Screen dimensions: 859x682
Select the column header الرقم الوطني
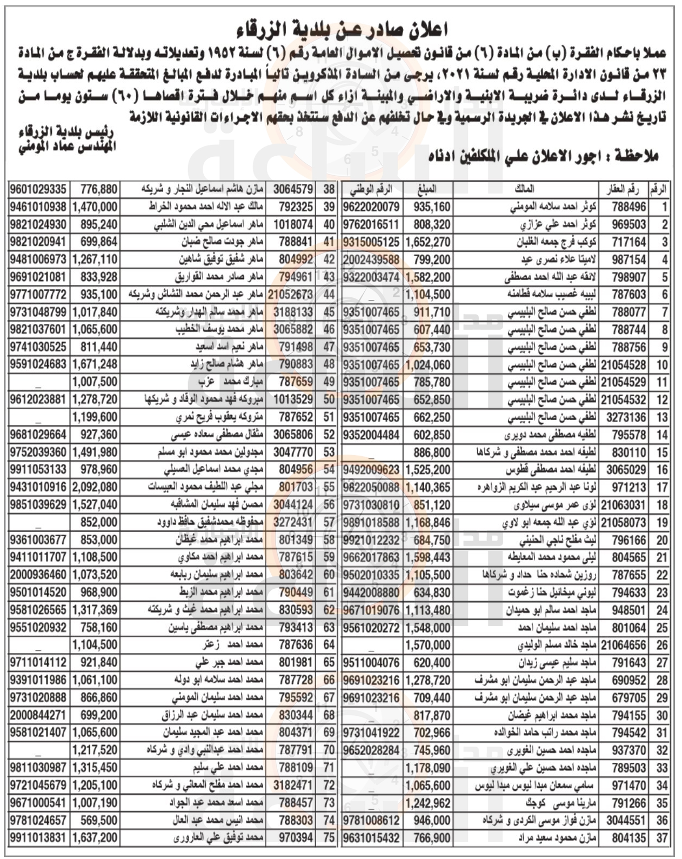[371, 189]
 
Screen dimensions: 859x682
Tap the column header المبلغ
[428, 189]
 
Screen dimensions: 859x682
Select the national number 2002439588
[371, 259]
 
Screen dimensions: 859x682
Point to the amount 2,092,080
[95, 487]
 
